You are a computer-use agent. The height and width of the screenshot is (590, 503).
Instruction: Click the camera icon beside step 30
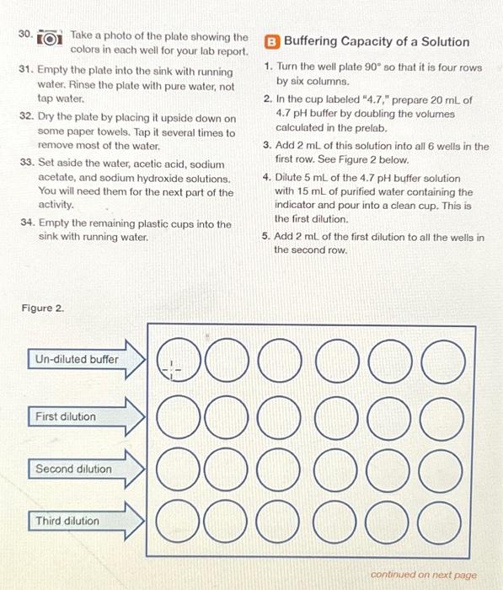(52, 39)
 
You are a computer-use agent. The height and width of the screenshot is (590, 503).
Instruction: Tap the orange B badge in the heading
(272, 41)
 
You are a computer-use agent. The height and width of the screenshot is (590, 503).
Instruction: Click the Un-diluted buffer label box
(76, 359)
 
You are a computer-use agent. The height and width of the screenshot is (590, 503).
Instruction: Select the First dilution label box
(66, 416)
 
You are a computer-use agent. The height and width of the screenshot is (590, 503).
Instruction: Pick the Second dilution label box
(72, 469)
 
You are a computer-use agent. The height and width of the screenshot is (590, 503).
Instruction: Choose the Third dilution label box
(67, 521)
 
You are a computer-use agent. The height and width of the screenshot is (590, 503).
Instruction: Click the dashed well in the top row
(172, 367)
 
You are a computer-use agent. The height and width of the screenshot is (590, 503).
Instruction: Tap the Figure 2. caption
(43, 308)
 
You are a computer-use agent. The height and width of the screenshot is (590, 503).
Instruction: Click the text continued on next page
(423, 575)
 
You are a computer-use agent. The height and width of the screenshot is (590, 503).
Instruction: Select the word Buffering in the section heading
(313, 41)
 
